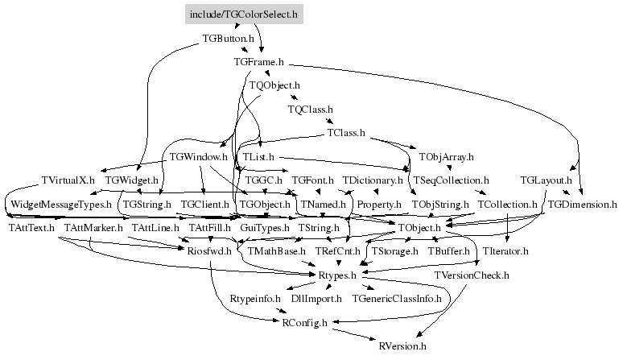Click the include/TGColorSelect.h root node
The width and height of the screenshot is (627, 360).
(243, 14)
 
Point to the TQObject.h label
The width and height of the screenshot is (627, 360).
(274, 85)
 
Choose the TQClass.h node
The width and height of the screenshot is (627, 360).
(310, 109)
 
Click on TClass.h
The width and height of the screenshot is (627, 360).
(346, 133)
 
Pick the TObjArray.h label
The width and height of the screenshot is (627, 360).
(446, 156)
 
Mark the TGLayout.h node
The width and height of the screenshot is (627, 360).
(546, 180)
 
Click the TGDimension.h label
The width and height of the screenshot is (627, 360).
(582, 205)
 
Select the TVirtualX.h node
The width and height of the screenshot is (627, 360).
(68, 180)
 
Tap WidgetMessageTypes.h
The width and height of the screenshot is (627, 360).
(60, 205)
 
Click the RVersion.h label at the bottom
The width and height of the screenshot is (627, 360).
(402, 347)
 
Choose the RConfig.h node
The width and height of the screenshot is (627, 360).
(304, 324)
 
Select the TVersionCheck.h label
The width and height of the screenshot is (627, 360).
(471, 276)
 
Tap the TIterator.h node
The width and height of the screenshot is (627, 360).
(505, 252)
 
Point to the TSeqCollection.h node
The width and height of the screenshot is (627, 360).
(450, 180)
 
